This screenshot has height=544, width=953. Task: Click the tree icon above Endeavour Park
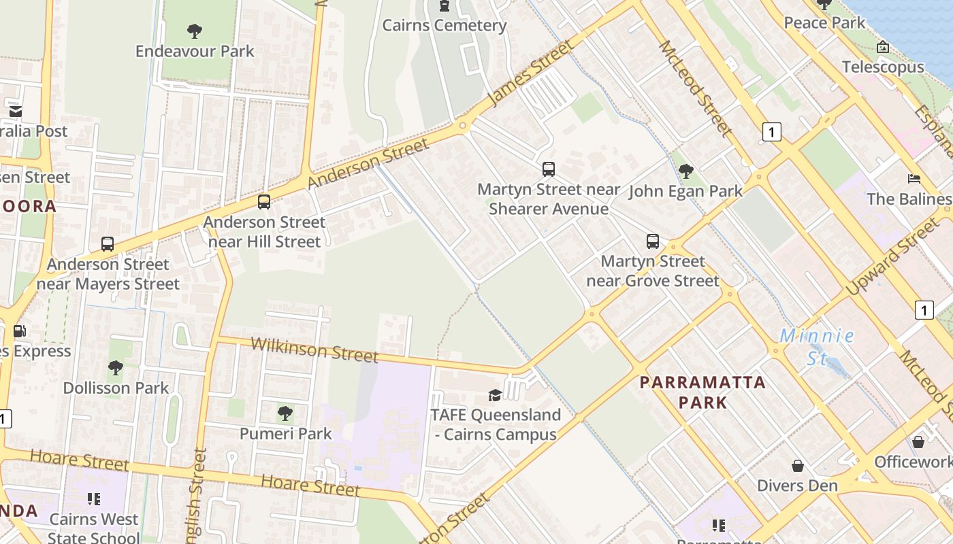(195, 31)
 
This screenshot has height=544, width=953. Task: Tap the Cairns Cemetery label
(444, 26)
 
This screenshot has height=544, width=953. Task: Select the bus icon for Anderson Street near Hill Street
(264, 202)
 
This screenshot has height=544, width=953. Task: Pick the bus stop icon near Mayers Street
(107, 244)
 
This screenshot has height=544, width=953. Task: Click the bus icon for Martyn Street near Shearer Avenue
(548, 169)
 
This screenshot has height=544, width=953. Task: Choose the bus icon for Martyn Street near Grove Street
(652, 241)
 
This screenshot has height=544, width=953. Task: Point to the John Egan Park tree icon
(686, 171)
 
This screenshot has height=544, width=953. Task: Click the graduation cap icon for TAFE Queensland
(495, 395)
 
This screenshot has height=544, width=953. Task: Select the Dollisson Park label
(116, 388)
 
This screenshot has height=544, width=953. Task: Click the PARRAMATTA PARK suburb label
(703, 392)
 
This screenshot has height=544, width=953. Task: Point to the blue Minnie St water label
(816, 346)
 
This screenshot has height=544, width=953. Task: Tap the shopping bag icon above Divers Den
(797, 466)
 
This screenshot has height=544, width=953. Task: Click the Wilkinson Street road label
(314, 349)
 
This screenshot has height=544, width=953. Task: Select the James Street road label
(531, 72)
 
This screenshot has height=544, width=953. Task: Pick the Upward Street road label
(892, 257)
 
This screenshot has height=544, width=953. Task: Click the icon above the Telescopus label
(882, 47)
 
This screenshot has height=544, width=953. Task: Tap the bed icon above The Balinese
(914, 179)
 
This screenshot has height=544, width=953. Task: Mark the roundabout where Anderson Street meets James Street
(463, 126)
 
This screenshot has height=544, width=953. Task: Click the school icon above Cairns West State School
(94, 499)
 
